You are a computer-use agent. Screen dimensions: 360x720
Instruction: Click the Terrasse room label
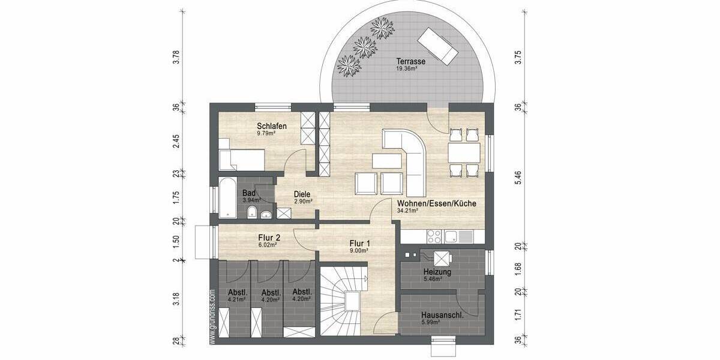(411, 61)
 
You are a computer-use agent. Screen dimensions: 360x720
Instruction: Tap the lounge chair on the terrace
(439, 44)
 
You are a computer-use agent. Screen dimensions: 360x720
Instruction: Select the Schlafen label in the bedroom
(271, 126)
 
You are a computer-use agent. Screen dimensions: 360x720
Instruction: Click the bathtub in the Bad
(228, 198)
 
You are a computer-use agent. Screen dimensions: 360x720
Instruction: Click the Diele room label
(302, 194)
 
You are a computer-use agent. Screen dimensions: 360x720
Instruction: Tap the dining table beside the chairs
(464, 152)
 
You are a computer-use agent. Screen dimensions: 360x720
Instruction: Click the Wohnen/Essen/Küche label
(436, 203)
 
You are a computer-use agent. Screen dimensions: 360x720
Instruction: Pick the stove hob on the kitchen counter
(434, 235)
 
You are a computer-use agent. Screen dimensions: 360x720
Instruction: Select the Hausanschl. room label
(441, 314)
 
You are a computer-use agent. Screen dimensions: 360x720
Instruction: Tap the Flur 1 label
(360, 244)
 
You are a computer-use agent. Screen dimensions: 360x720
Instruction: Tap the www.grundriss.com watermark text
(212, 317)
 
